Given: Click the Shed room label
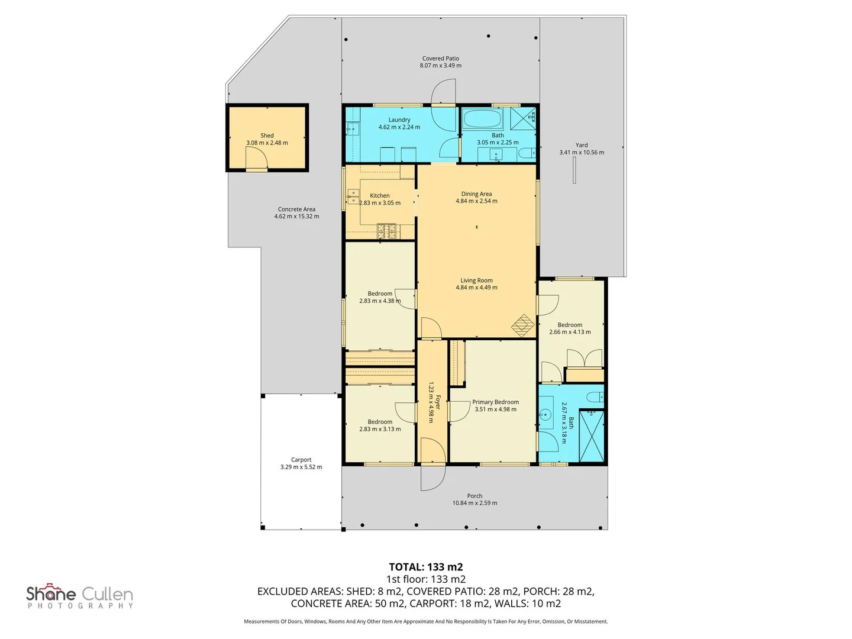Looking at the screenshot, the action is coord(267,135).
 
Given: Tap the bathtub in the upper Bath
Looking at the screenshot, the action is coord(483,118).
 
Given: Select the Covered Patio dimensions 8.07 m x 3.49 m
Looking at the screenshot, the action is coord(441,66).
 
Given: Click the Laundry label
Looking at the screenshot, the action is coord(399,120).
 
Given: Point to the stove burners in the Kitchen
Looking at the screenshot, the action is coord(386,231).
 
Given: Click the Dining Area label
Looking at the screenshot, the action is coord(476,194).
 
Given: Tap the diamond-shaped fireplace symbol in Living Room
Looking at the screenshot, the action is coord(523,325).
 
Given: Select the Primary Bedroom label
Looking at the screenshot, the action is coord(495,402).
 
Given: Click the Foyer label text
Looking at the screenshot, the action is coord(438,402).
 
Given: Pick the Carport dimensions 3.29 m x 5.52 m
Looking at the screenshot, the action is coord(301,467).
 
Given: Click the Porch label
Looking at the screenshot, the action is coord(475,496).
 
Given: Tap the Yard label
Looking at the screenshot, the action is coord(582,145).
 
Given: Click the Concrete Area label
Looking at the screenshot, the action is coord(296,209).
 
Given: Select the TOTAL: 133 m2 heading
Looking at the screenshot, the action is coord(426,567).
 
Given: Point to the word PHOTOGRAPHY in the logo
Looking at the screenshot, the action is coord(80,606).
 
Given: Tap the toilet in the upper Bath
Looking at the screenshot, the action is coord(527,154).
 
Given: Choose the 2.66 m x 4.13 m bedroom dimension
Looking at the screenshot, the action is coord(570,332).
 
